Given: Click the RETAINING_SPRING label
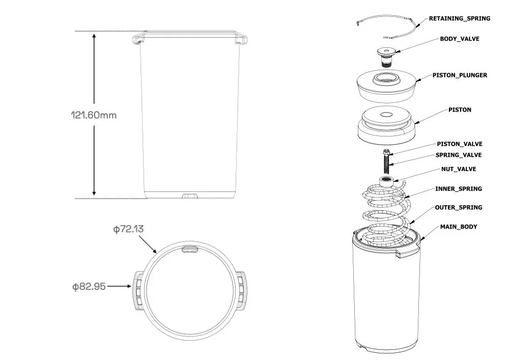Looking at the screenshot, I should coord(459,18).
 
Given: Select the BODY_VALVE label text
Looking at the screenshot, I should coord(459,39).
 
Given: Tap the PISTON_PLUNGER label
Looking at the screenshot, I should coord(460,75).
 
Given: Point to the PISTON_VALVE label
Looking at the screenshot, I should coord(459,144).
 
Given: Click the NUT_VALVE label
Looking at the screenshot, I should coord(459,169).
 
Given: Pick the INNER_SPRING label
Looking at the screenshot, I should coord(458,189).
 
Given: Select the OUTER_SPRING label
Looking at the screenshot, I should coord(458,208).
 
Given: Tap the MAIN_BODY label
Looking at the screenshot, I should coord(459,227).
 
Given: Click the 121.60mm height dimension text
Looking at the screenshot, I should coord(94,115).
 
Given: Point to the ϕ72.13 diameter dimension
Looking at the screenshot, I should coord(128,229).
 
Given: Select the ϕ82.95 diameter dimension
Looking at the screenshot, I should coord(89,287).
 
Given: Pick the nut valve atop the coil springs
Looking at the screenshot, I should coord(387,181).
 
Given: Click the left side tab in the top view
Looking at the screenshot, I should coord(138,290).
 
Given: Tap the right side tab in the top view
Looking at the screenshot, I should coord(242,290).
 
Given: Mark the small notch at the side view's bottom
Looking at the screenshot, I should coord(190,195).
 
